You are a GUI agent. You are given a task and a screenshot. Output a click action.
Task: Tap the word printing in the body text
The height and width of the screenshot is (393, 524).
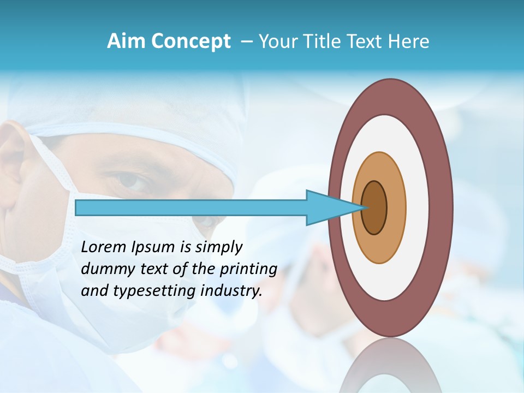pyautogui.click(x=248, y=269)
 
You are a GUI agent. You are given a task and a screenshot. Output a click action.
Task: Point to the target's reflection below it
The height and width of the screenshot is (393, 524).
pyautogui.click(x=390, y=366)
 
